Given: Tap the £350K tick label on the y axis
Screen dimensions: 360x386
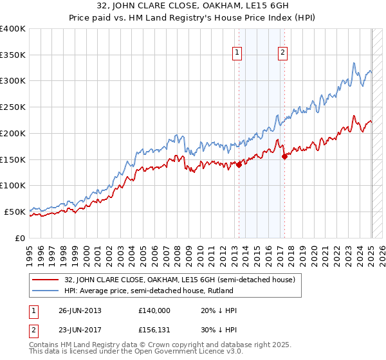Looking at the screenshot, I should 13,55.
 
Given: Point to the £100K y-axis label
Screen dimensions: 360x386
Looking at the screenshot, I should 13,185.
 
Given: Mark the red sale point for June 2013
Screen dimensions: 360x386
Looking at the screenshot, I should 239,165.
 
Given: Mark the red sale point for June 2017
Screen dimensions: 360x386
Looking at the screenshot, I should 284,156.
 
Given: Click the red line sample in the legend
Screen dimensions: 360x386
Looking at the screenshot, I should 46,280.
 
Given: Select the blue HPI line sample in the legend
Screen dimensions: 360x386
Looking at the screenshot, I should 46,291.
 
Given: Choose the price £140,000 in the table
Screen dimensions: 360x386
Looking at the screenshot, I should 154,310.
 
